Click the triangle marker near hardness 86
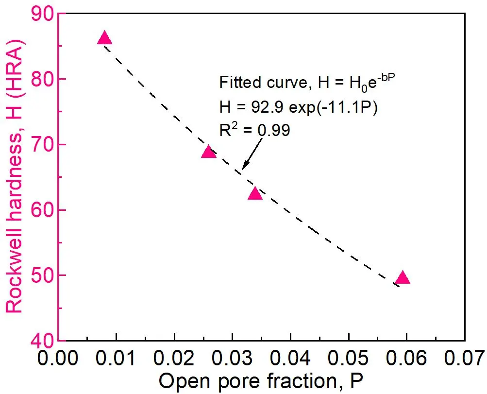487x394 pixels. (104, 38)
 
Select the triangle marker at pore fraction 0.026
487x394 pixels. (208, 152)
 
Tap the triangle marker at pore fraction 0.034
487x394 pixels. (255, 194)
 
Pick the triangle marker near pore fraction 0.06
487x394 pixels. (403, 278)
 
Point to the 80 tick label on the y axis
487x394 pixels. (42, 79)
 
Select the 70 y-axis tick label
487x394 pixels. (42, 145)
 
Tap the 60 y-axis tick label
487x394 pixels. (42, 210)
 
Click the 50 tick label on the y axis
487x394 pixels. (42, 275)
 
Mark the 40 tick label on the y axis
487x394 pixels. (42, 341)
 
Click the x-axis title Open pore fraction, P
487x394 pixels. (260, 382)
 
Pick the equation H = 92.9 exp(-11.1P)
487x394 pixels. (298, 107)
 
